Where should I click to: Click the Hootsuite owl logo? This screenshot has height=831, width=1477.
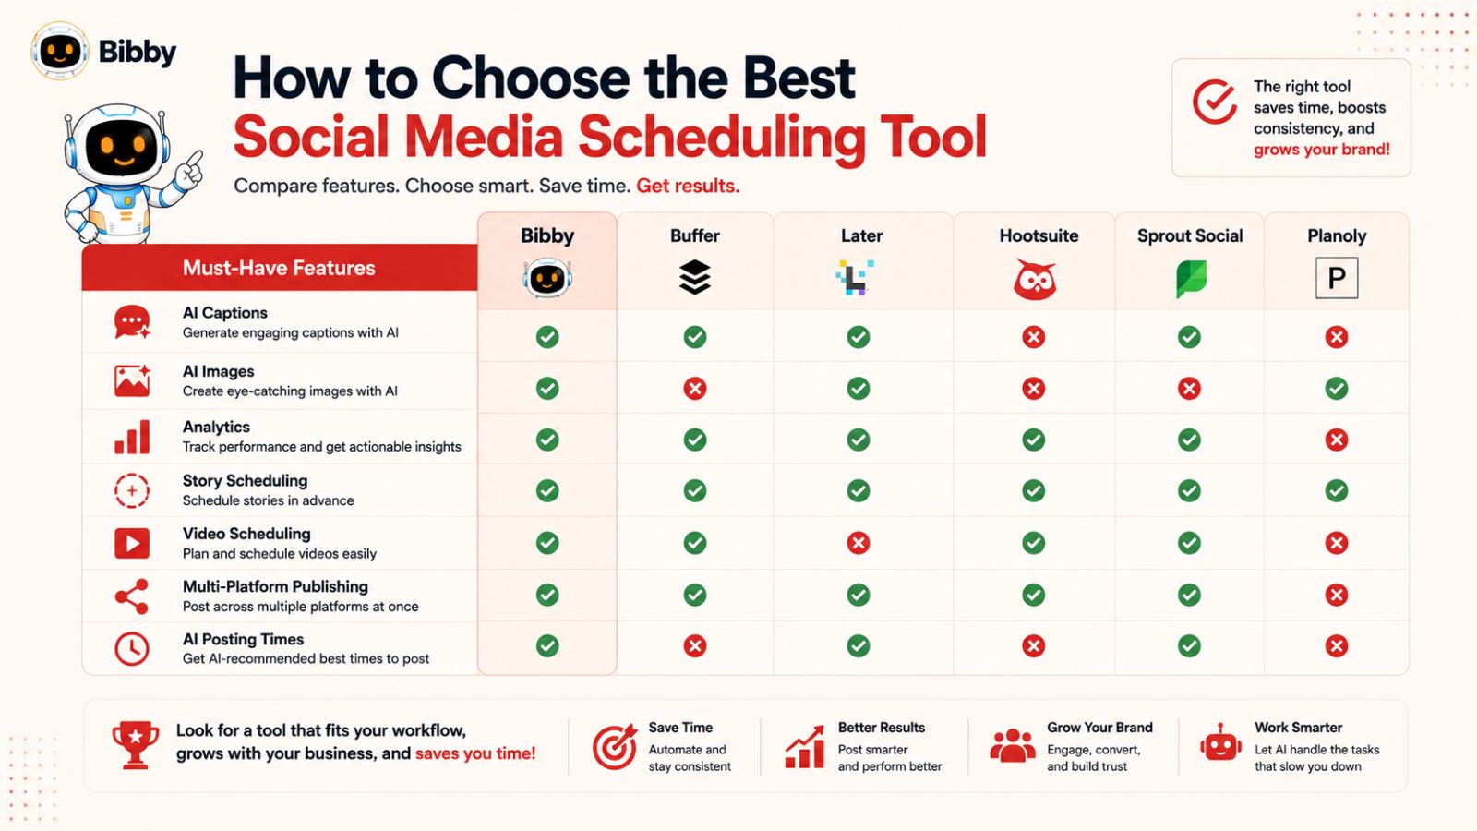pyautogui.click(x=1034, y=279)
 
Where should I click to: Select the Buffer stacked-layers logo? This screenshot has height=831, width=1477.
pyautogui.click(x=695, y=277)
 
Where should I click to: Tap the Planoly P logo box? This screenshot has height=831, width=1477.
pyautogui.click(x=1337, y=278)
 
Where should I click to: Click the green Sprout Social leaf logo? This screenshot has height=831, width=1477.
pyautogui.click(x=1191, y=278)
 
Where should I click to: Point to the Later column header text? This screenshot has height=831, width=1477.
pyautogui.click(x=861, y=235)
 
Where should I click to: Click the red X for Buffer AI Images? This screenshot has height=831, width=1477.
pyautogui.click(x=695, y=389)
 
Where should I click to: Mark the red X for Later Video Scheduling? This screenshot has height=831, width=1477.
pyautogui.click(x=858, y=544)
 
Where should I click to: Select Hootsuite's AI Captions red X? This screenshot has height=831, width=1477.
pyautogui.click(x=1033, y=337)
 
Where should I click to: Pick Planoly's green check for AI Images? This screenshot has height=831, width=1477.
pyautogui.click(x=1337, y=389)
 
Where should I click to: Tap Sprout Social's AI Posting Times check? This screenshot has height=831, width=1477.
pyautogui.click(x=1190, y=645)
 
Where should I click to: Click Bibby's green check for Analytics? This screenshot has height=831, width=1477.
pyautogui.click(x=547, y=440)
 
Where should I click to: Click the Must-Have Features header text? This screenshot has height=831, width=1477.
pyautogui.click(x=279, y=268)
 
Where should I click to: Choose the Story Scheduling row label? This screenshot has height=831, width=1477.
pyautogui.click(x=246, y=481)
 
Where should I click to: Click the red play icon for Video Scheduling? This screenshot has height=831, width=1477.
pyautogui.click(x=132, y=544)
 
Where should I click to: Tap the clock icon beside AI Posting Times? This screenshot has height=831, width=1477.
pyautogui.click(x=132, y=649)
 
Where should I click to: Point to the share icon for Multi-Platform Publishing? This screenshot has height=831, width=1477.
pyautogui.click(x=132, y=596)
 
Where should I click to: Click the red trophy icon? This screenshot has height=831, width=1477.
pyautogui.click(x=135, y=745)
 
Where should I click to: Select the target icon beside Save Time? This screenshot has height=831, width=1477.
pyautogui.click(x=615, y=747)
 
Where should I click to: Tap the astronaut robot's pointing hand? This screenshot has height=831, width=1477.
pyautogui.click(x=191, y=167)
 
